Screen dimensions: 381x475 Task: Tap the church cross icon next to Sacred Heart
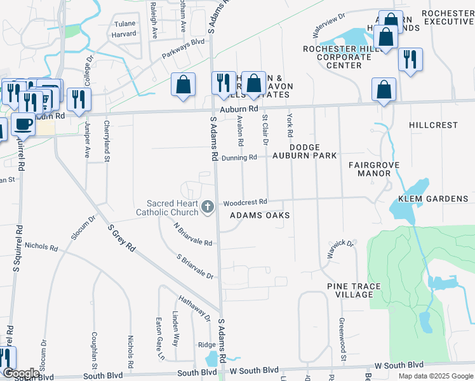click(207, 207)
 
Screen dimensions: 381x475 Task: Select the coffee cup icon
click(23, 124)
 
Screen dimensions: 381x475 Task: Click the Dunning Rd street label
click(239, 157)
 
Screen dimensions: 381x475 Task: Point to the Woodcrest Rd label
click(244, 203)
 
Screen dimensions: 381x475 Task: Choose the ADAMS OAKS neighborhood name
click(259, 215)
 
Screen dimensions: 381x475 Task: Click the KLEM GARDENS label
click(433, 199)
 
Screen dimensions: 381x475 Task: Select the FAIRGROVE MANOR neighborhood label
click(373, 168)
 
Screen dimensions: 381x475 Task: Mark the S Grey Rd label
click(121, 237)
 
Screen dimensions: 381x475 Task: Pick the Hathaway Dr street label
click(194, 307)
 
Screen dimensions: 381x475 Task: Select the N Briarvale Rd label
click(192, 233)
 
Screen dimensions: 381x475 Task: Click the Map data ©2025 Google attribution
click(435, 376)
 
